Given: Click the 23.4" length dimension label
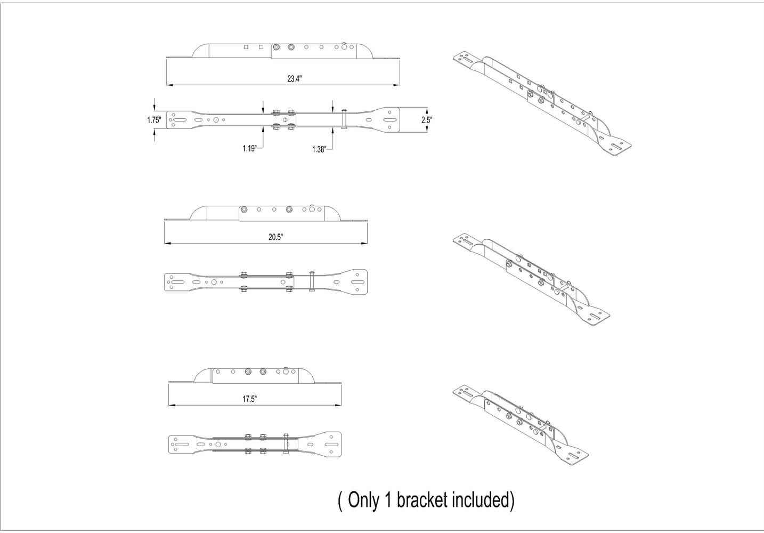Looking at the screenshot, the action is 294,79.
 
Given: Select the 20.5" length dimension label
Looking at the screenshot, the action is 275,237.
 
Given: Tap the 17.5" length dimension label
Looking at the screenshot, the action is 250,399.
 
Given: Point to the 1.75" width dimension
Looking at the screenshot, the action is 154,120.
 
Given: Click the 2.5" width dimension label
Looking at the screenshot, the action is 426,120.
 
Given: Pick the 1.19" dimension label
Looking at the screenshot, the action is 249,148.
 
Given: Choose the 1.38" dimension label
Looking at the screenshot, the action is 320,149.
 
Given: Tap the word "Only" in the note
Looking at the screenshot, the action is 363,500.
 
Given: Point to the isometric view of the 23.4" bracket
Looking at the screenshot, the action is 542,104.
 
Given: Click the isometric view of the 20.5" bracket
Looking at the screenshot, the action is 531,279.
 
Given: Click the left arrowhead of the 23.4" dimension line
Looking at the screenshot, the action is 169,85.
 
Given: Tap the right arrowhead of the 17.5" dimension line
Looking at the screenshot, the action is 338,405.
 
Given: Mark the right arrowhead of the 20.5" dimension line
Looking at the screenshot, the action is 364,243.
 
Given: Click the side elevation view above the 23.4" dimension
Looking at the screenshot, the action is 283,51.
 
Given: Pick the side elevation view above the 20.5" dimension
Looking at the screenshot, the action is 266,213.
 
